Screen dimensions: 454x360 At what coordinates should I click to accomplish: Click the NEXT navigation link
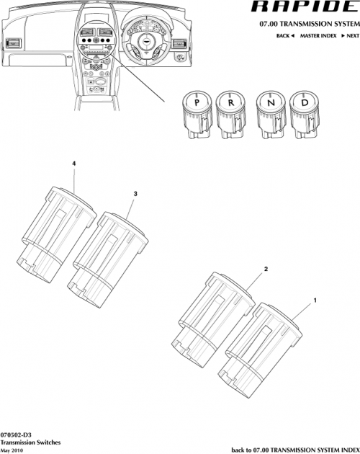350,35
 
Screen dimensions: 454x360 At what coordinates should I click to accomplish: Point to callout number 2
266,269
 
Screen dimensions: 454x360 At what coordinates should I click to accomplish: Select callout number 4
74,164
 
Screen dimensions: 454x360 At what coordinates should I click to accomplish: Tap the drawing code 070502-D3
17,435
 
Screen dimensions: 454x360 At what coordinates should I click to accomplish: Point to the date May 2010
14,450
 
